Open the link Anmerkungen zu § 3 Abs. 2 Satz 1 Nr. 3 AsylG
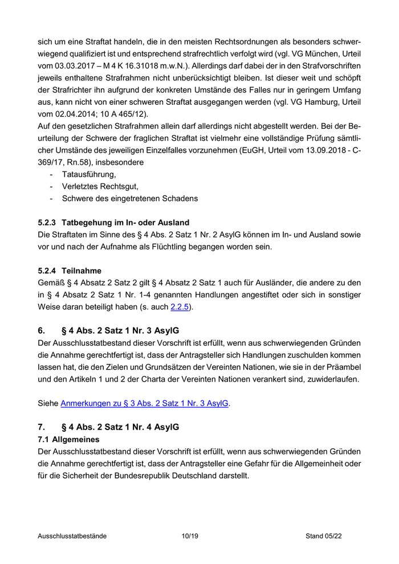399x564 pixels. coord(145,403)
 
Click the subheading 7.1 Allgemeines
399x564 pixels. coord(68,439)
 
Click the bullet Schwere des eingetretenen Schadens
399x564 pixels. coord(130,199)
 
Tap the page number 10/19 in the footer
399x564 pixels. coord(189,536)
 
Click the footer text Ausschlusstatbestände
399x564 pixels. coord(72,536)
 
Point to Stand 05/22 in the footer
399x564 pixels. coord(323,536)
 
